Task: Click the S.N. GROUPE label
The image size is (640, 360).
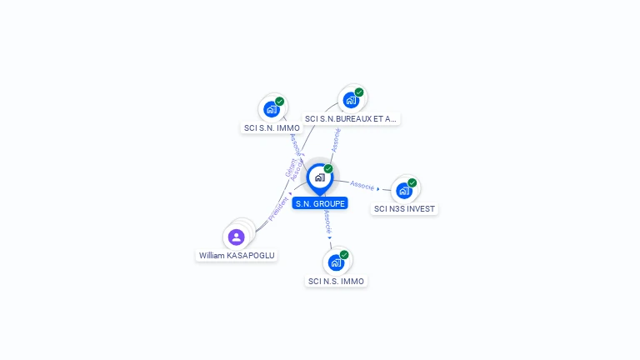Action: (x=319, y=203)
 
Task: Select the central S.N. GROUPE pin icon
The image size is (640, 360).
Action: (x=319, y=177)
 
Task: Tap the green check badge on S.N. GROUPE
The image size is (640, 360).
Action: (x=328, y=168)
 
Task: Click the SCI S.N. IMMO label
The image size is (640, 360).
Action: (x=272, y=128)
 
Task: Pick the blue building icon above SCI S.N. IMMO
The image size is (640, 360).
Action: (x=271, y=109)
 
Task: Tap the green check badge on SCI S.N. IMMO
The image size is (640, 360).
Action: (x=280, y=102)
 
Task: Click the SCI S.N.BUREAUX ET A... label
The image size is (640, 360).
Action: (x=351, y=119)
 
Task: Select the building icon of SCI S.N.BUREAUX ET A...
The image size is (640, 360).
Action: (x=351, y=100)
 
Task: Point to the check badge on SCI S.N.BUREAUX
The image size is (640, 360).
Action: (x=359, y=92)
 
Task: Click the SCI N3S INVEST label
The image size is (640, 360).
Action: (x=404, y=209)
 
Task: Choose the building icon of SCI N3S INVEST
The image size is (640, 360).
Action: (x=403, y=190)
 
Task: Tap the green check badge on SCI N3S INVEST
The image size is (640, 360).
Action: (x=412, y=182)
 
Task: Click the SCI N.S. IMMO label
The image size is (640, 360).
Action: (x=336, y=282)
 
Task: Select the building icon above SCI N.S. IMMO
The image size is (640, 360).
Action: (x=336, y=262)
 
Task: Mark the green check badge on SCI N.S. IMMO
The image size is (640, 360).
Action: (x=344, y=255)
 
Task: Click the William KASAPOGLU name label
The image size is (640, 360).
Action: (x=237, y=255)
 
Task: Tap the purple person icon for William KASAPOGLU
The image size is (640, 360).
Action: (x=236, y=237)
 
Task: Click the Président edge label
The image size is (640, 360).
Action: (x=279, y=209)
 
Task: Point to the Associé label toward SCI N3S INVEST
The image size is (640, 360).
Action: (x=362, y=185)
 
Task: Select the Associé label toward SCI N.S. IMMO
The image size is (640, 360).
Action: (x=327, y=221)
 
